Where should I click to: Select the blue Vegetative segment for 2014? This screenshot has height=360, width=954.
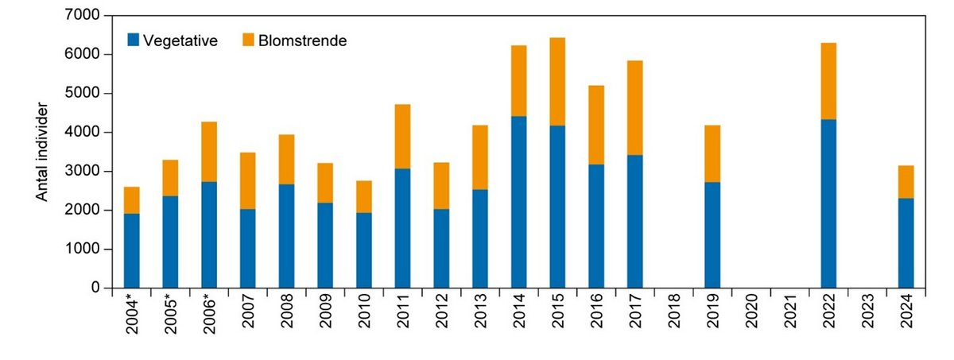tap(518, 202)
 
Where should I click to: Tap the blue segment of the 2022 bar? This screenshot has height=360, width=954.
tap(828, 203)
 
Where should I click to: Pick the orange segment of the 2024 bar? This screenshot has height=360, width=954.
tap(906, 182)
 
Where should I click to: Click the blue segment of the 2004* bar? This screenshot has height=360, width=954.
tap(131, 250)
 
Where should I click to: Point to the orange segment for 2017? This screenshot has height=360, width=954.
tap(634, 108)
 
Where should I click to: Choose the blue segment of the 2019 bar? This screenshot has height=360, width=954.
tap(712, 234)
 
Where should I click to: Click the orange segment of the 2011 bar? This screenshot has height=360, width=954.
tap(402, 137)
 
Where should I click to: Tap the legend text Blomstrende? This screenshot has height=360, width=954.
tap(302, 41)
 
